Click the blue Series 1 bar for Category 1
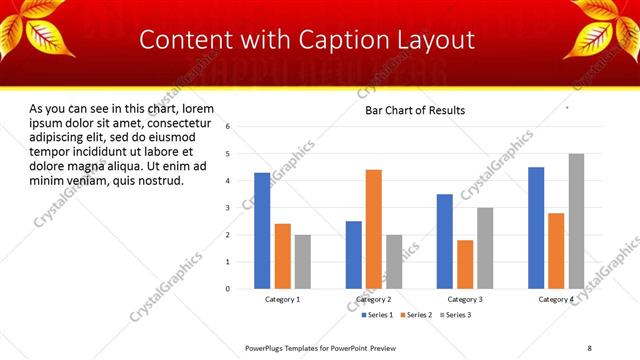pos(262,231)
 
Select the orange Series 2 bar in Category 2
pos(374,229)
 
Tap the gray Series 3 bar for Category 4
pos(577,221)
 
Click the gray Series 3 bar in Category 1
pos(303,262)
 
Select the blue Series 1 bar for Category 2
pos(354,255)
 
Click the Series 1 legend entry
pos(378,314)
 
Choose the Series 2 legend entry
pos(417,314)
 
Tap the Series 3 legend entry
pos(457,314)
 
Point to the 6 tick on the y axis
pos(229,127)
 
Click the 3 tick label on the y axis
pos(229,208)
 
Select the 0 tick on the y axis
pos(229,289)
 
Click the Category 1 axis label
pos(283,299)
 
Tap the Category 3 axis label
pos(465,299)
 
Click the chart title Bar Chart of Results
pos(415,110)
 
